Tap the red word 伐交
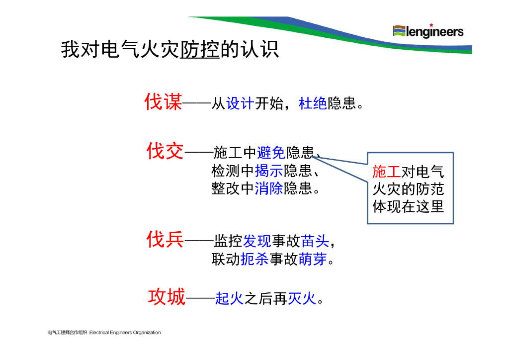coord(165,151)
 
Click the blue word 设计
coord(240,103)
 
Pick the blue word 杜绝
coord(313,103)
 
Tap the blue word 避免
coord(271,152)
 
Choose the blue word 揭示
coord(269,171)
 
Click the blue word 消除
coord(269,189)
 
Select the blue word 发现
coord(257,242)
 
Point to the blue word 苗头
coord(315,242)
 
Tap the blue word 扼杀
coord(254,260)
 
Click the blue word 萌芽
coord(313,260)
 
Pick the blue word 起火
coord(229,298)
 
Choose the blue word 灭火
coord(302,298)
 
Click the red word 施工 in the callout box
coord(386,172)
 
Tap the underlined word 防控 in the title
coord(199,50)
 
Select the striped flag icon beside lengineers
coord(399,31)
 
